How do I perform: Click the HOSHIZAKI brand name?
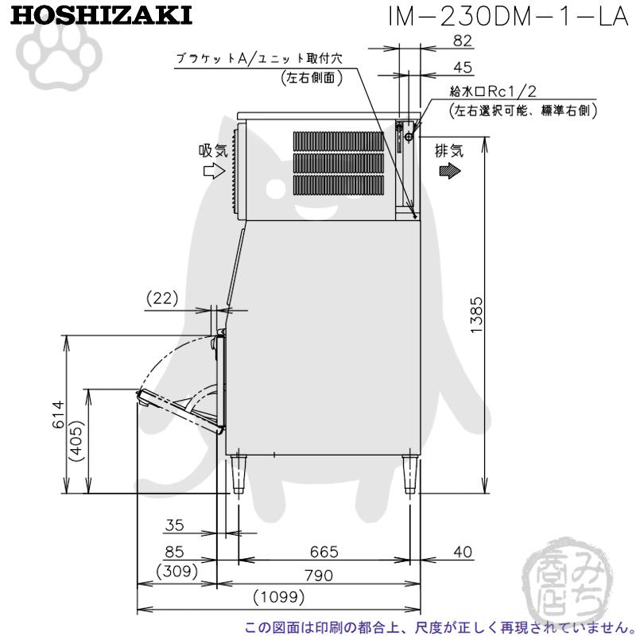[102, 16]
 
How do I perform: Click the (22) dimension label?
[164, 298]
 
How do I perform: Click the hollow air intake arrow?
[214, 170]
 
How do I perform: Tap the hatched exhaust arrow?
[448, 170]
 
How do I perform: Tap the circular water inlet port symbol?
[409, 137]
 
